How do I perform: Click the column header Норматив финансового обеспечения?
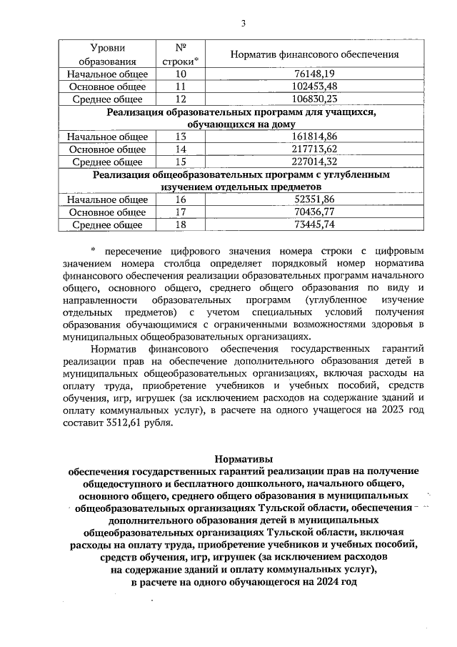[314, 55]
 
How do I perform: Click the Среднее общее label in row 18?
[107, 225]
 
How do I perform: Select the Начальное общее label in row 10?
[107, 74]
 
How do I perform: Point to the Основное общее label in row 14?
[107, 149]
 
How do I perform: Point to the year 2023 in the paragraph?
[391, 410]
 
